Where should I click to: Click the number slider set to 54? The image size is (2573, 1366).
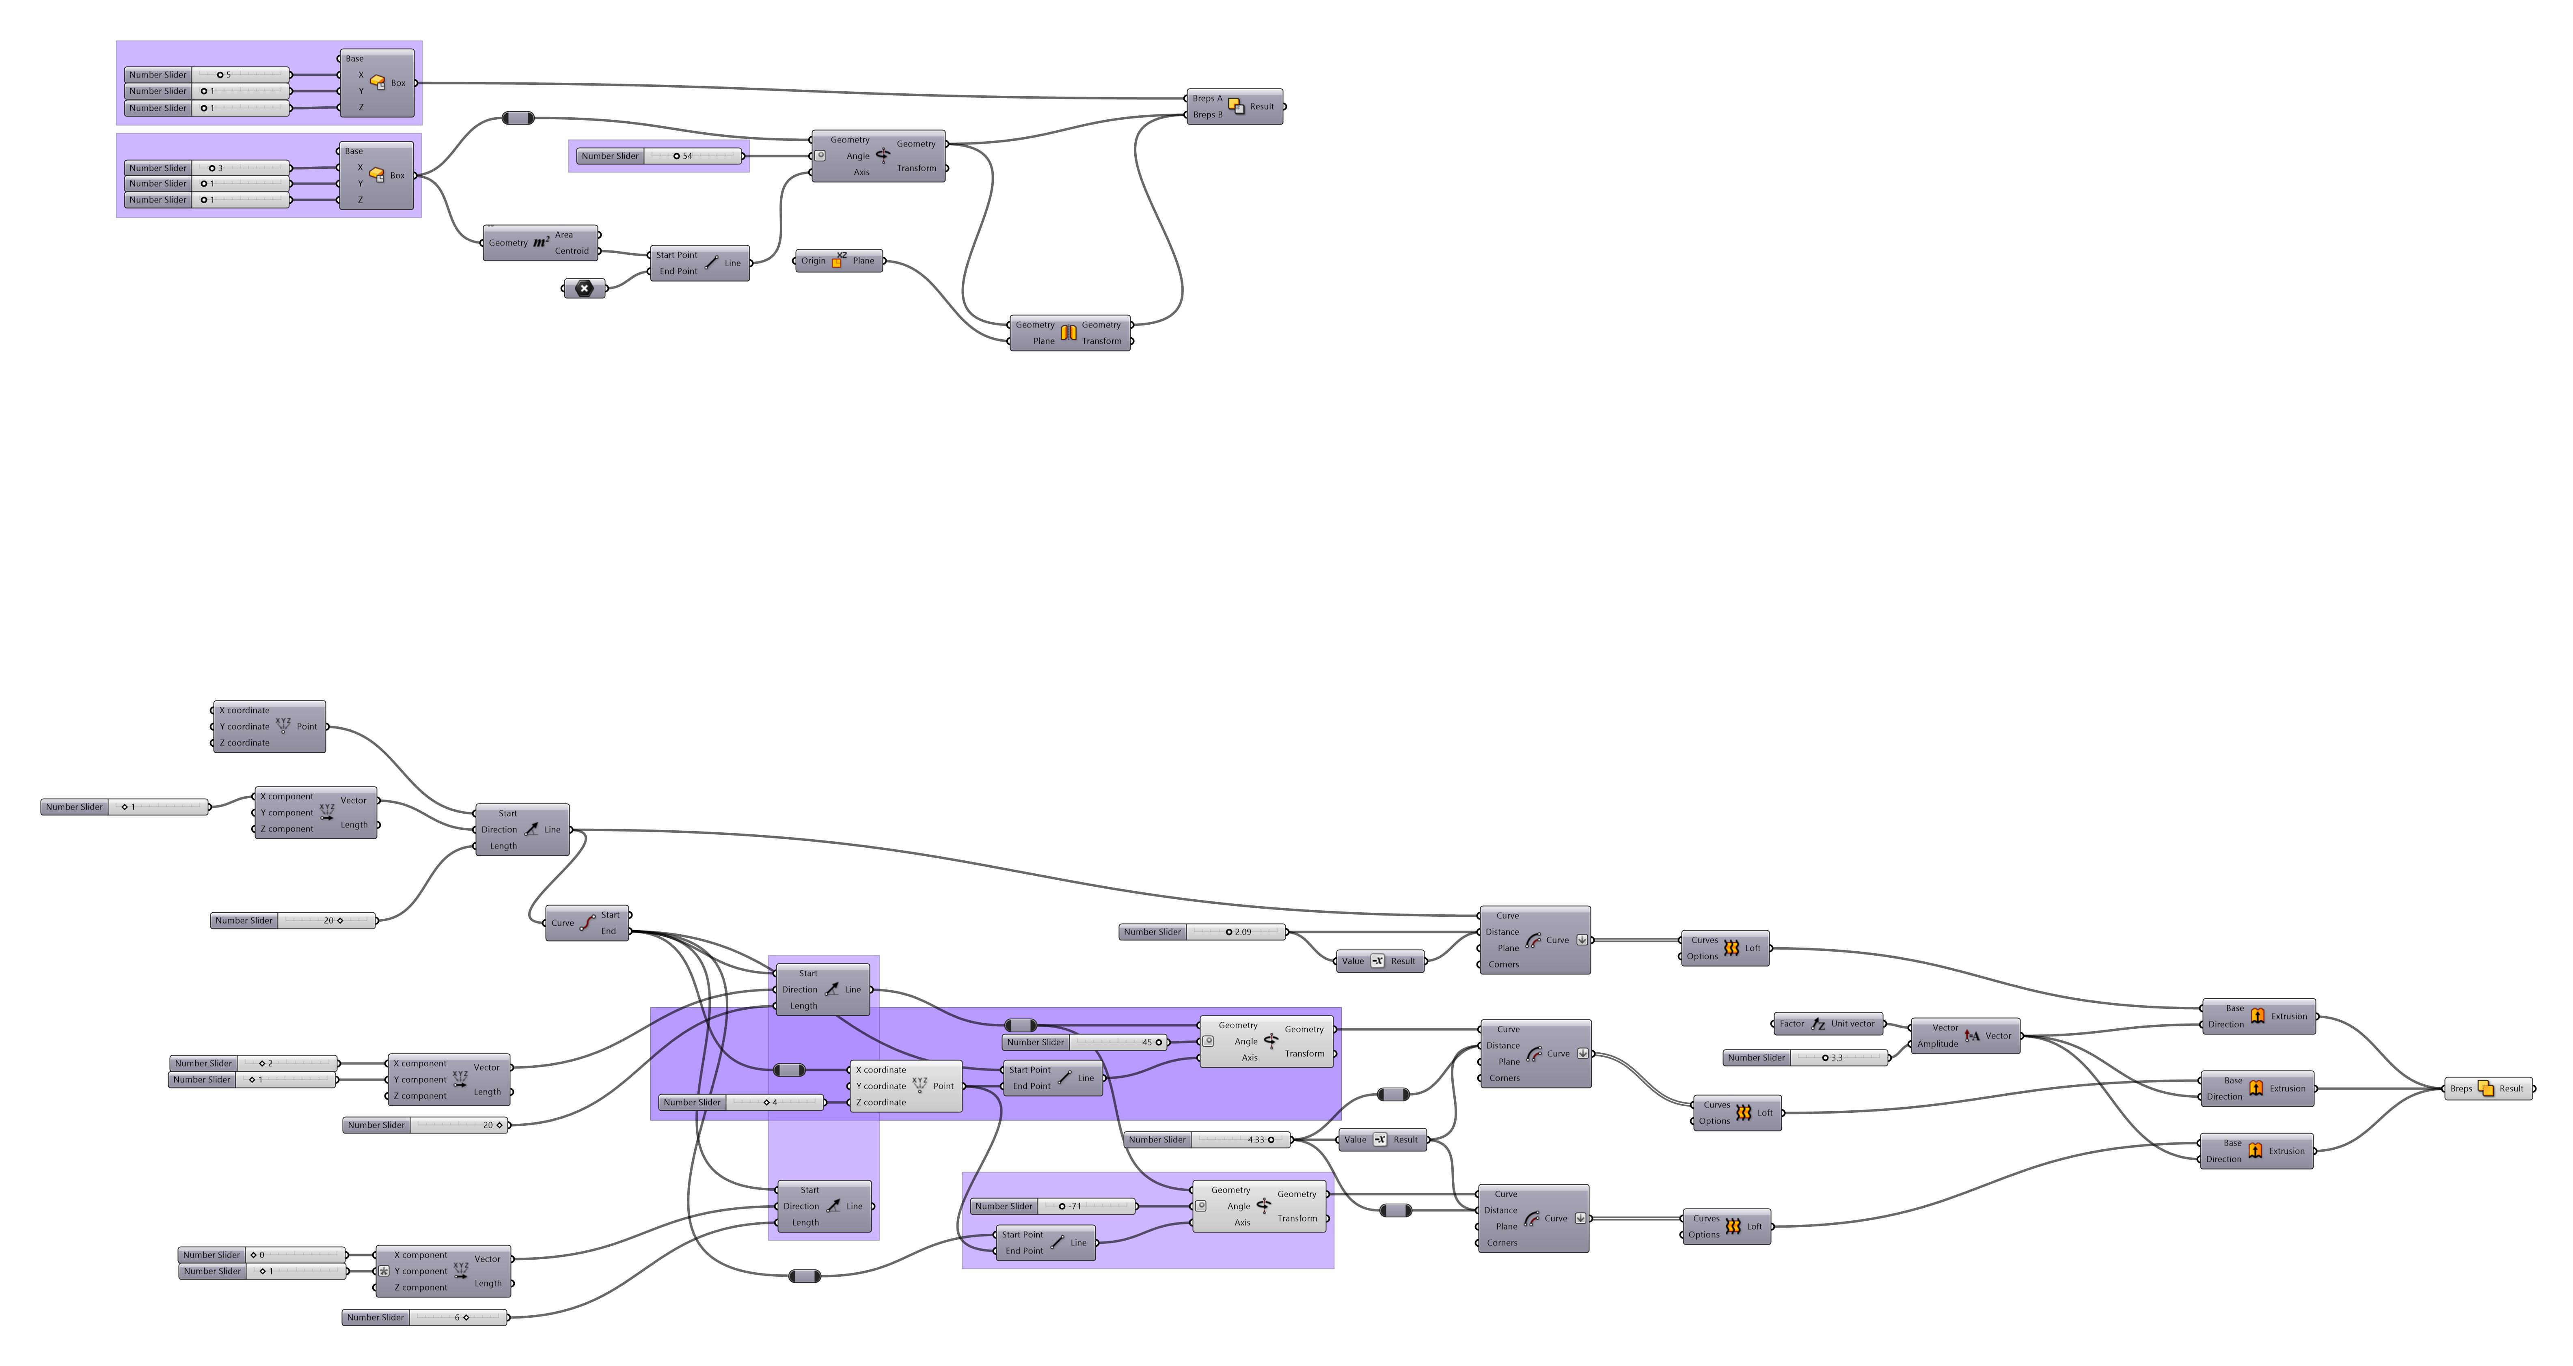tap(659, 156)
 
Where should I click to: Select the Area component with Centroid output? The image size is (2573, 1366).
tap(540, 243)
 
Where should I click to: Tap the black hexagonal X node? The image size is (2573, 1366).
tap(584, 289)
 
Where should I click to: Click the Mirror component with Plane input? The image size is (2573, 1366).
tap(1069, 332)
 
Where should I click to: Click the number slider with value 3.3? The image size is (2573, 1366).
tap(1806, 1058)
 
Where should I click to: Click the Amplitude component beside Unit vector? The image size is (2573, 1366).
tap(1965, 1036)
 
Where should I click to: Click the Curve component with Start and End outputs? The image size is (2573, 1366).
tap(587, 923)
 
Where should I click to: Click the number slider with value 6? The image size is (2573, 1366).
tap(425, 1317)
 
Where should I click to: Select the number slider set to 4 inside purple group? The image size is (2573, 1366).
tap(741, 1102)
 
